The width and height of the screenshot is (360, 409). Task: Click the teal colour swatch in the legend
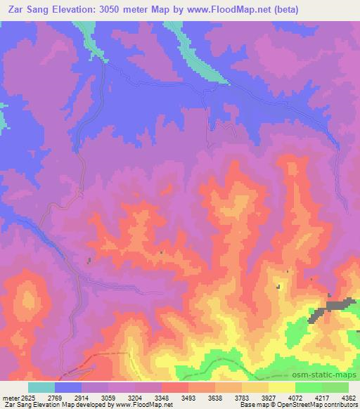point(41,387)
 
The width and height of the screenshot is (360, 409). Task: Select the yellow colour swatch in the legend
point(281,387)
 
